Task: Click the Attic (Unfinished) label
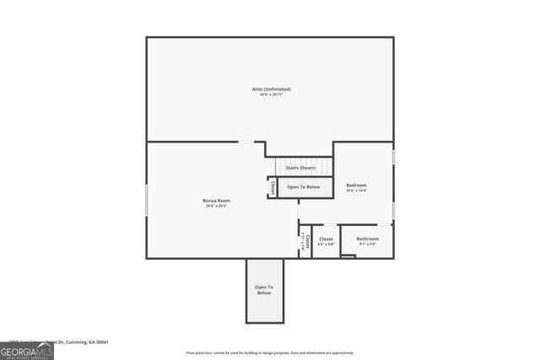point(271,89)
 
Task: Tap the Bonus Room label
point(217,200)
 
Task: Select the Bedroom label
point(356,185)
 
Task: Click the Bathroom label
point(367,239)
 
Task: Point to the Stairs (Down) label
point(300,168)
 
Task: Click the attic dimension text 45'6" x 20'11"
point(271,94)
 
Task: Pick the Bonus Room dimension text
point(217,206)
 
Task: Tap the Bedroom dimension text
point(356,191)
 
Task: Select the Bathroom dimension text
point(367,244)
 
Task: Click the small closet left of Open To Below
point(273,187)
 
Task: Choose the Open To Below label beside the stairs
point(304,186)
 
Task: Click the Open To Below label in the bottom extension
point(264,290)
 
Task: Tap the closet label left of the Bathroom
point(326,239)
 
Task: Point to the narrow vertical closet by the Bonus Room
point(305,242)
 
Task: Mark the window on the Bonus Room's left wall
point(147,200)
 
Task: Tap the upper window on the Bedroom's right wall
point(393,158)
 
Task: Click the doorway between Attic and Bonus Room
point(245,142)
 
